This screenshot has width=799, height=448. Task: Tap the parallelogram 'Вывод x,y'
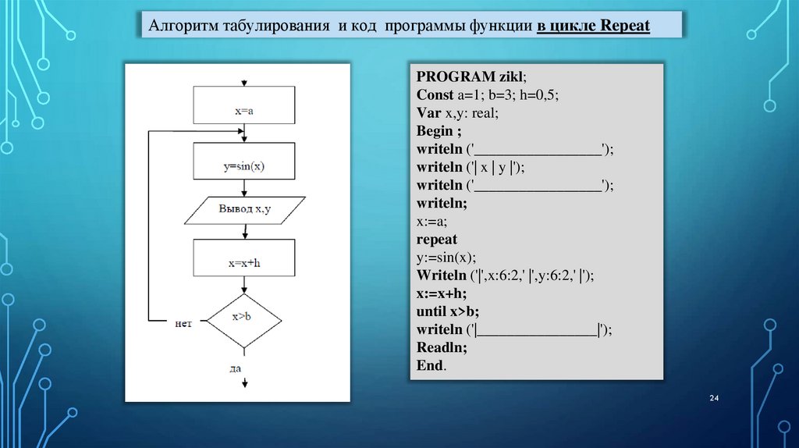coord(244,209)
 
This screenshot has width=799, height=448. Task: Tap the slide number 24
coord(713,400)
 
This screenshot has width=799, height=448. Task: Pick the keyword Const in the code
coord(434,95)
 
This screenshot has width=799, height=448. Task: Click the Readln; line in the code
coord(442,347)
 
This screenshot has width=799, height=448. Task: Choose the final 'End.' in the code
coord(431,365)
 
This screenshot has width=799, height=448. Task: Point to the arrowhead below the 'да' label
coord(245,382)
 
